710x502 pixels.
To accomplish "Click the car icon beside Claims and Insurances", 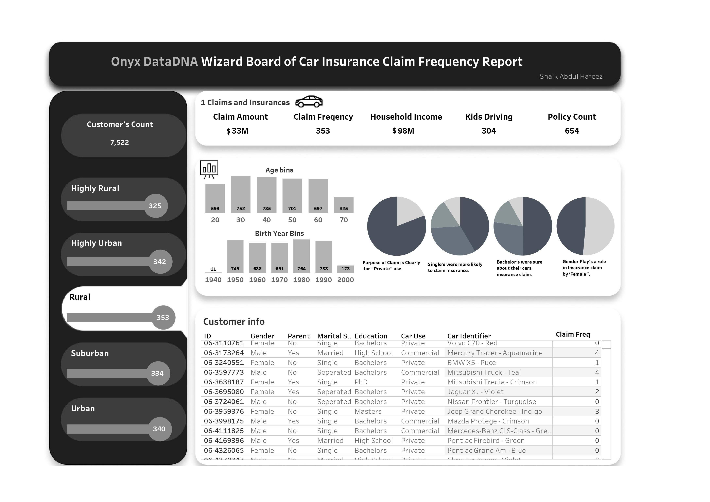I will tap(309, 101).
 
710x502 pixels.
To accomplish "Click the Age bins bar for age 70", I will tap(344, 205).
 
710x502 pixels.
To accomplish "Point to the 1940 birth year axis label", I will tap(213, 280).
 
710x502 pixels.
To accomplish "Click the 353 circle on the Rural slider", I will tap(163, 317).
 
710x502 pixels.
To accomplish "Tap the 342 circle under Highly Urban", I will tap(160, 262).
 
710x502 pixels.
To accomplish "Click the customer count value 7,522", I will tap(120, 142).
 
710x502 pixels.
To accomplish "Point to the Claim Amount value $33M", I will tap(238, 131).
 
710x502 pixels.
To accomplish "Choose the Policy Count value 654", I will tap(572, 131).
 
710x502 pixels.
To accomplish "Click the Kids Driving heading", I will tap(489, 117).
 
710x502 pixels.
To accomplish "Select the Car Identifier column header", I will tap(469, 336).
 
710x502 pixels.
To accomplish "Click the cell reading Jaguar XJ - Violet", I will tap(475, 392).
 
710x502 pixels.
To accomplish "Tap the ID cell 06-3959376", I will tap(224, 411).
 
